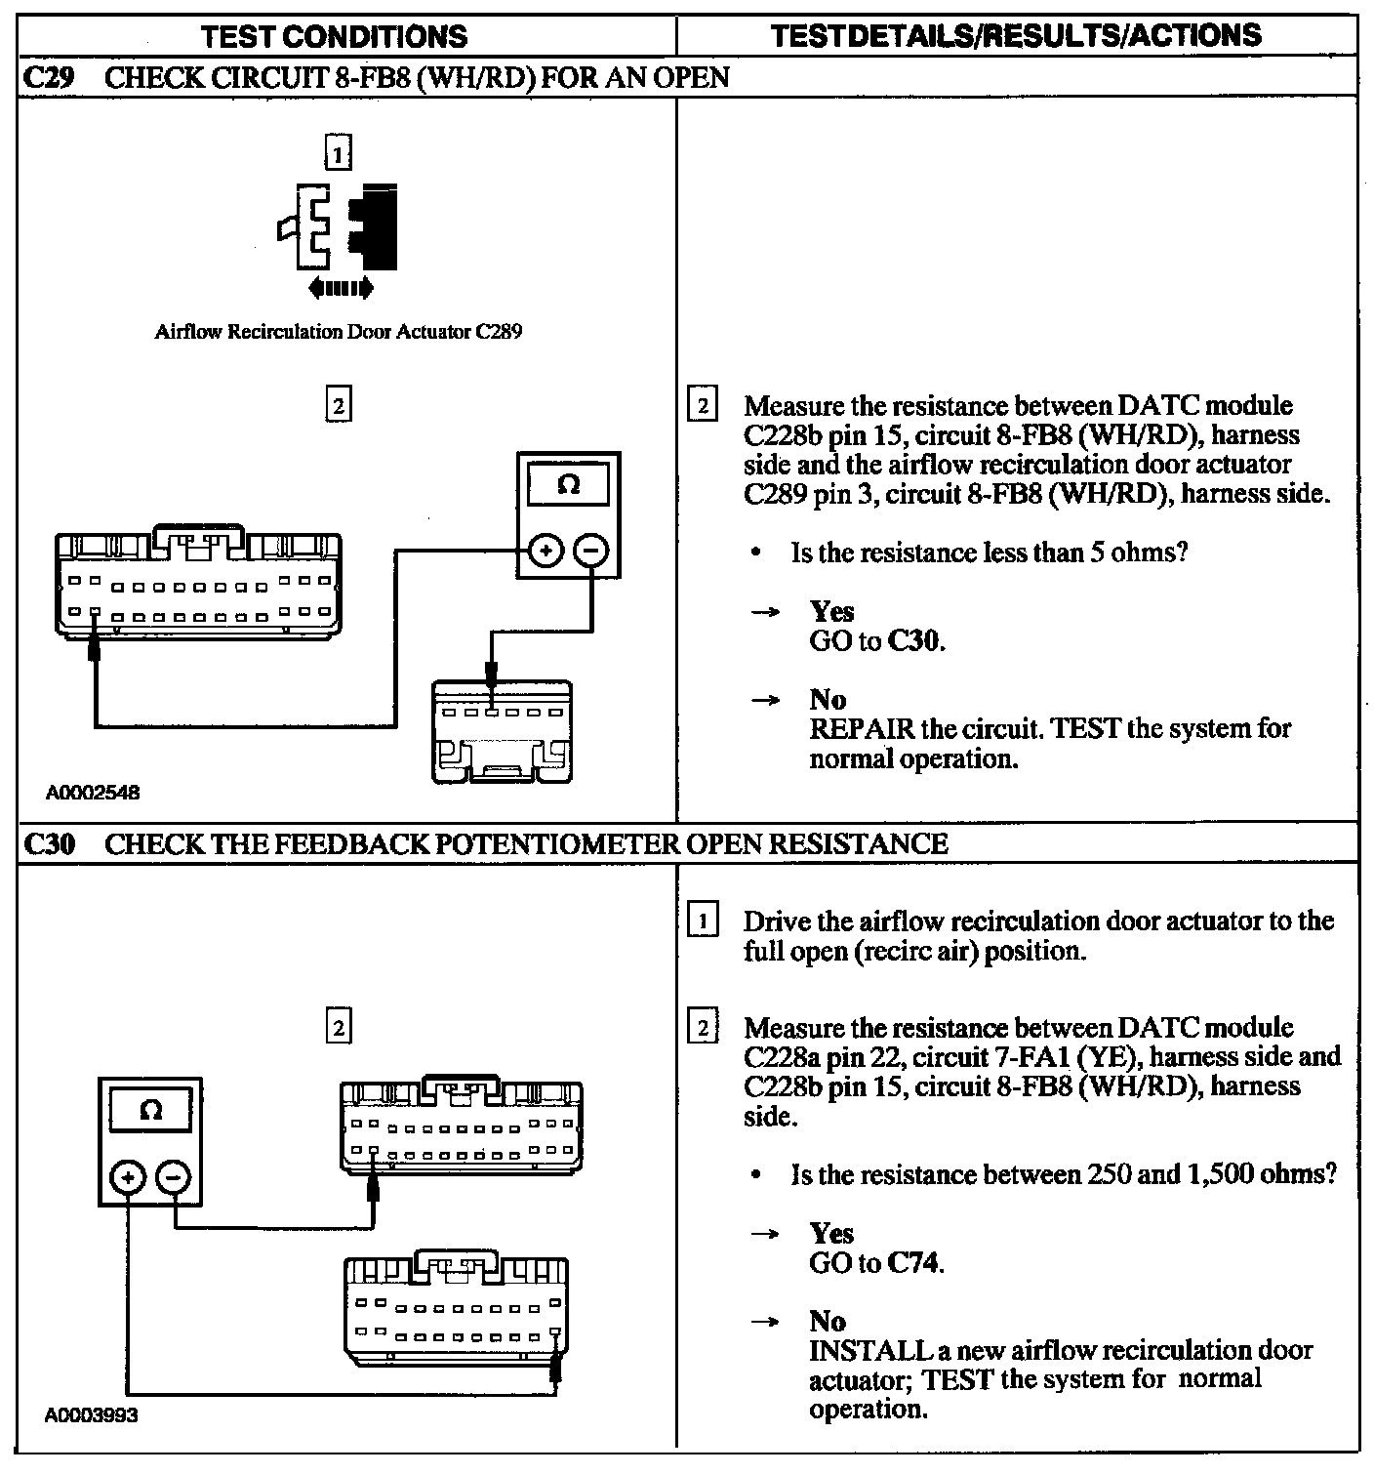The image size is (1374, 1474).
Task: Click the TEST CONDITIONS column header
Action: tap(334, 37)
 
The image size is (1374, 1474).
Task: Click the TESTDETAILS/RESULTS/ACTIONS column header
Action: tap(1015, 36)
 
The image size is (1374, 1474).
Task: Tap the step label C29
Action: tap(48, 78)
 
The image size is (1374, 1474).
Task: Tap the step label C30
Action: tap(48, 843)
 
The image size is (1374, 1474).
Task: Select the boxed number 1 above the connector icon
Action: tap(338, 154)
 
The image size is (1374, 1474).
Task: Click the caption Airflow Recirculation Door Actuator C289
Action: tap(338, 332)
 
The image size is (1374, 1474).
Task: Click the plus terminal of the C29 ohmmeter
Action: tap(546, 552)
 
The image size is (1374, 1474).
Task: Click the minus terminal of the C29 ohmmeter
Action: tap(590, 552)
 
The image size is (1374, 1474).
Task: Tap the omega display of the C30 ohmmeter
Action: tap(151, 1111)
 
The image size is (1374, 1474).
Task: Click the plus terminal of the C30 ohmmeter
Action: tap(127, 1178)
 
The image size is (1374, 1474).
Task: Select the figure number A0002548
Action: tap(93, 793)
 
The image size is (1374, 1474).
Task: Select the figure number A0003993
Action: tap(92, 1414)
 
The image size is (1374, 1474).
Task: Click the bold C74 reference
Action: tap(913, 1263)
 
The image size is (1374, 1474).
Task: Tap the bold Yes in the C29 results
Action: tap(831, 612)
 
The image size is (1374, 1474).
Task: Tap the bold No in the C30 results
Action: tap(828, 1322)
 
